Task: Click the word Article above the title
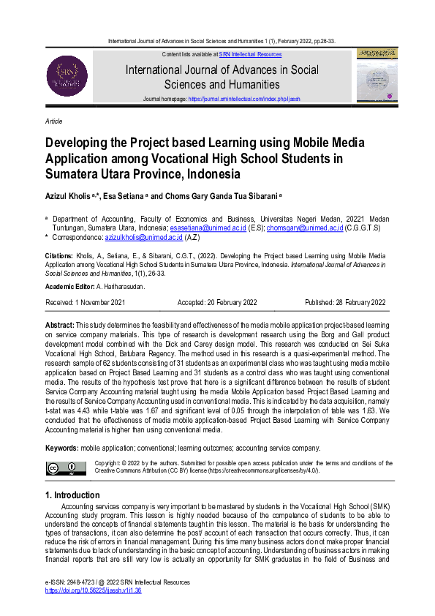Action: [x=53, y=121]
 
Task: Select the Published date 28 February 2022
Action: [x=345, y=302]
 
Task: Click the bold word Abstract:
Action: [x=60, y=324]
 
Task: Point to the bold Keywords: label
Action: [x=62, y=447]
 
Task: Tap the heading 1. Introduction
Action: [x=72, y=495]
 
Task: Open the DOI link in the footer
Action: [x=93, y=590]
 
